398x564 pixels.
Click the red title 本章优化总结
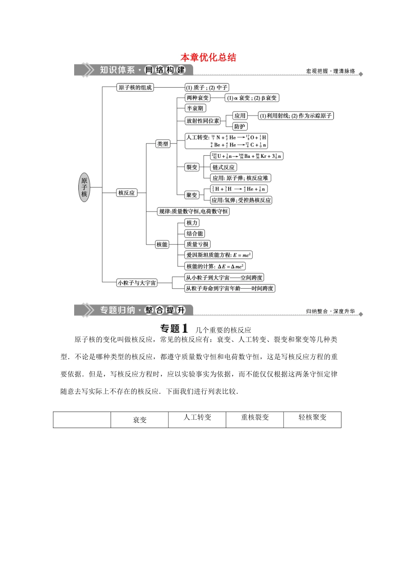[x=208, y=57]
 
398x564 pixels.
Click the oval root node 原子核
[x=84, y=187]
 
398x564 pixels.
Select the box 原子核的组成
[x=135, y=87]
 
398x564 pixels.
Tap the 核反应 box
[x=127, y=193]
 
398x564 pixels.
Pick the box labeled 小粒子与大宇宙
[x=137, y=283]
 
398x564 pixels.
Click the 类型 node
[x=163, y=144]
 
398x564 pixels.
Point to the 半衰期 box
[x=195, y=108]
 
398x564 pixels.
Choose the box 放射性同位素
[x=203, y=120]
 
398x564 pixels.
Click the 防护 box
[x=240, y=126]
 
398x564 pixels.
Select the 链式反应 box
[x=223, y=167]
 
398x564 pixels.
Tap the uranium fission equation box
[x=246, y=156]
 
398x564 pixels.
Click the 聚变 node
[x=192, y=195]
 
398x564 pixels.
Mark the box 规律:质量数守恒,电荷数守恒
[x=193, y=211]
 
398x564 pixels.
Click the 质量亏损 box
[x=197, y=244]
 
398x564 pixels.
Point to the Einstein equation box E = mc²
[x=218, y=255]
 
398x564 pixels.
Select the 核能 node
[x=162, y=244]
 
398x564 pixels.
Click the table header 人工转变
[x=197, y=417]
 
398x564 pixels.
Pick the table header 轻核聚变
[x=312, y=417]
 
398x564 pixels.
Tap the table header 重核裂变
[x=255, y=417]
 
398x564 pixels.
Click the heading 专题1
[x=174, y=329]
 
